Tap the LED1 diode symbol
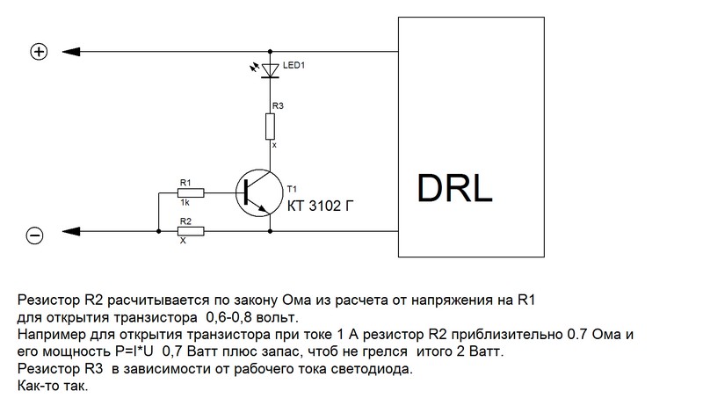[270, 69]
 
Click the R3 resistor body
[270, 127]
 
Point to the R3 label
[277, 105]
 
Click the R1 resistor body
[191, 192]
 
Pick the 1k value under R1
[185, 202]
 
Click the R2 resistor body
[191, 232]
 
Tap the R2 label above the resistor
[185, 221]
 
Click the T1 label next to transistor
[293, 188]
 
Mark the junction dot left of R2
[158, 232]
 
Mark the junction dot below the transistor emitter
[270, 232]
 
